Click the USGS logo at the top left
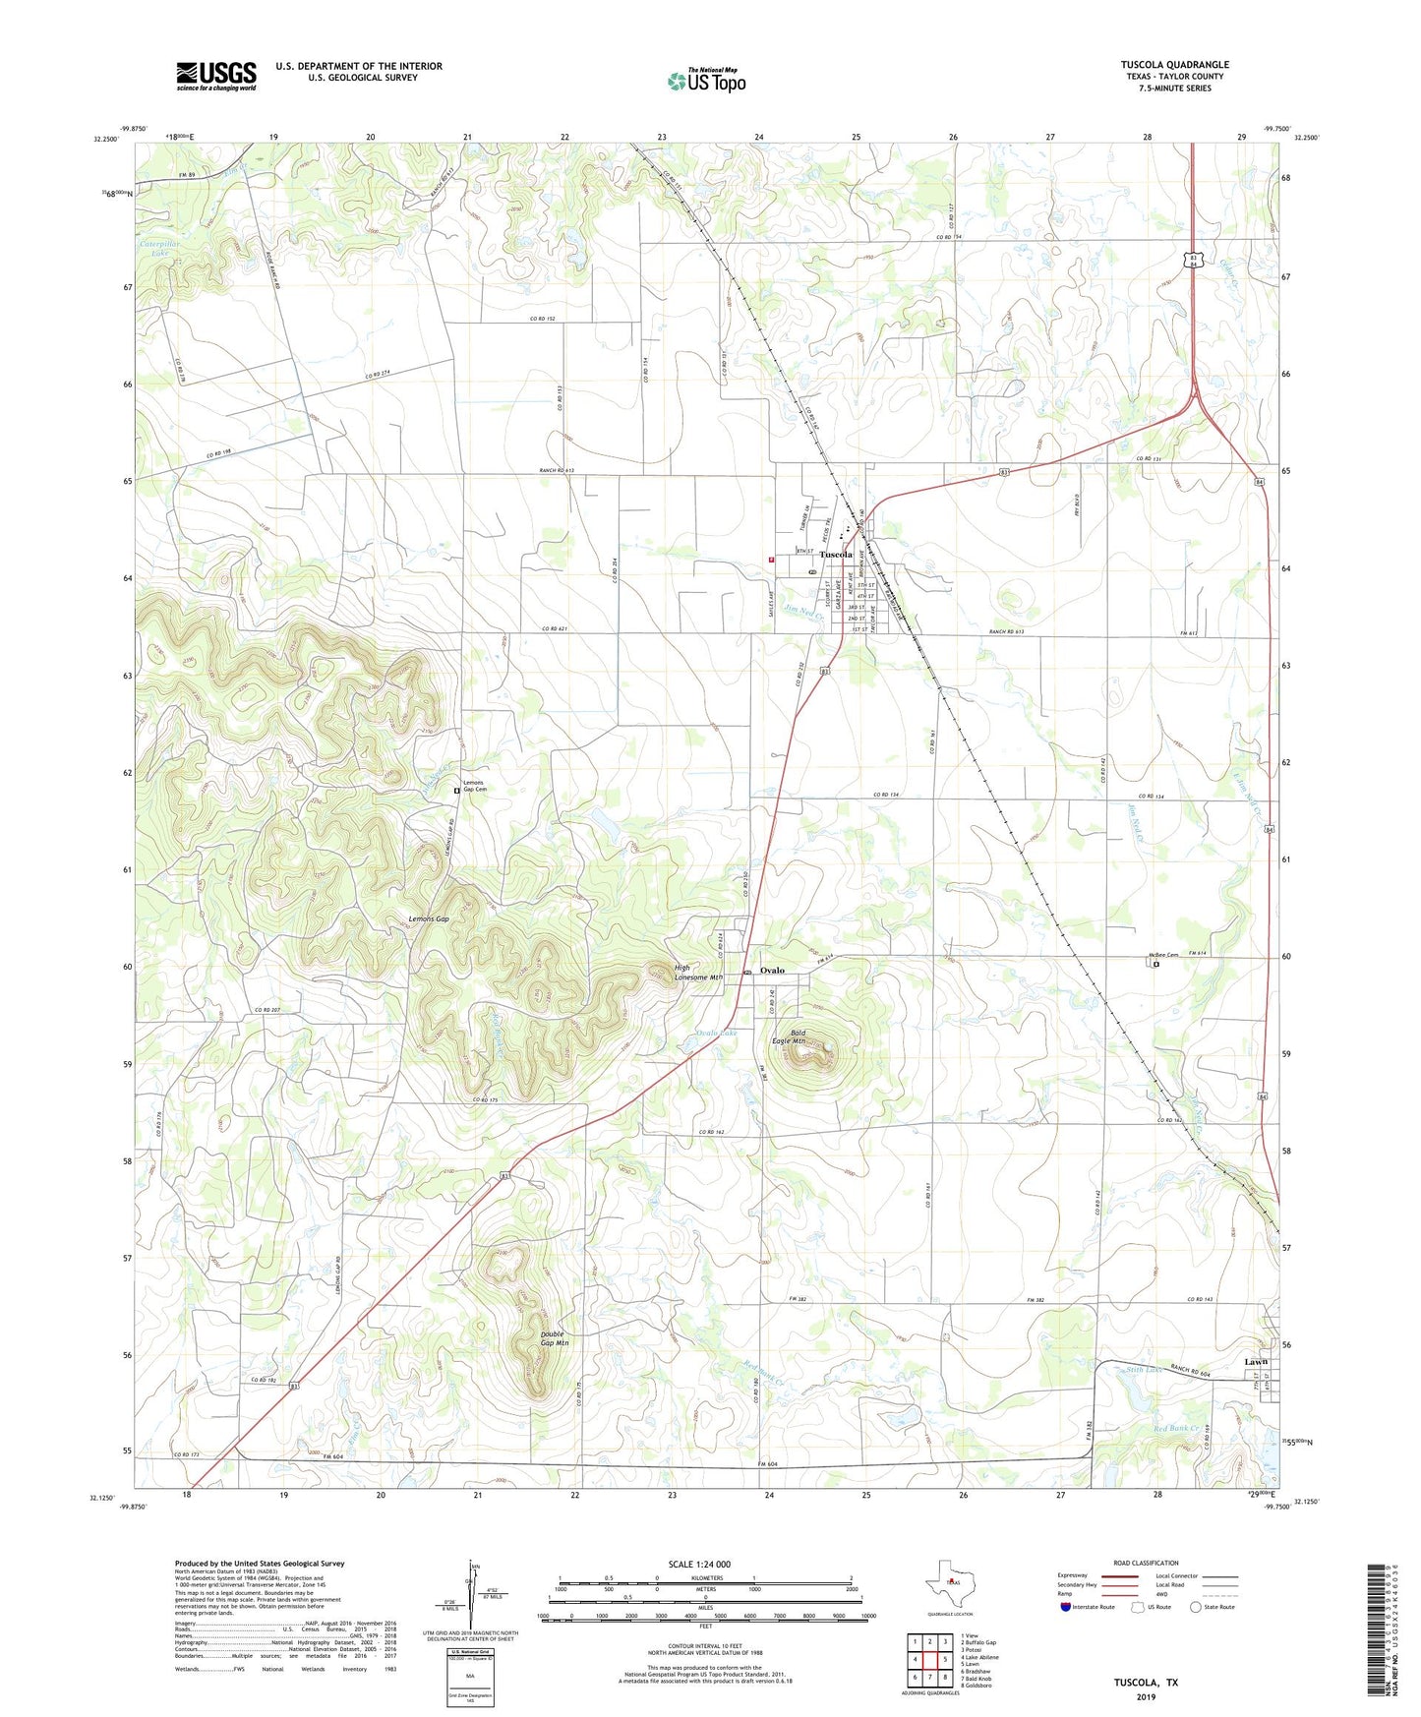pos(216,76)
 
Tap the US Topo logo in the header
pos(706,81)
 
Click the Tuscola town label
pos(836,555)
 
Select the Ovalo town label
pos(772,971)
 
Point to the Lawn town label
pos(1256,1362)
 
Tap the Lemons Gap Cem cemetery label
pos(476,786)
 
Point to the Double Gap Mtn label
pos(555,1338)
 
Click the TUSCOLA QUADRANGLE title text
pos(1174,65)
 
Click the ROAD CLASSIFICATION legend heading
pos(1146,1563)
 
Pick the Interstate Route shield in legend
pos(1066,1607)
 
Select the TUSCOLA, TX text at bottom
pos(1146,1683)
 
